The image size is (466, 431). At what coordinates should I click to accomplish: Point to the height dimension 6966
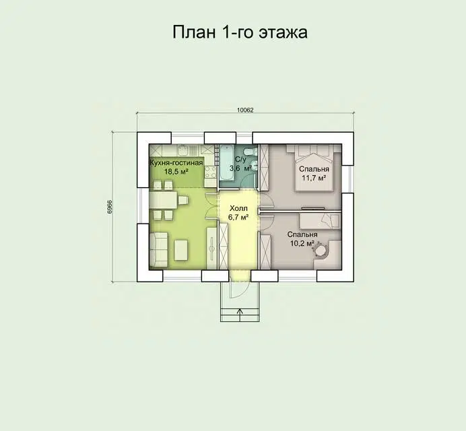click(109, 207)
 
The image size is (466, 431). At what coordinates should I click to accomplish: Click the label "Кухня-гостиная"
click(176, 162)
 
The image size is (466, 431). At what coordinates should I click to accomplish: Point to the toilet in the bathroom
click(247, 150)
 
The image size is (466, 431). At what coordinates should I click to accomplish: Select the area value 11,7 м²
click(313, 178)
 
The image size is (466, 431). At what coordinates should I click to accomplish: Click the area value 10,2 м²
click(302, 244)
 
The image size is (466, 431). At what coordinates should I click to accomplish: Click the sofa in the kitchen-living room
click(157, 248)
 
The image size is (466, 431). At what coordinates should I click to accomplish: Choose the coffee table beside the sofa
click(182, 249)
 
